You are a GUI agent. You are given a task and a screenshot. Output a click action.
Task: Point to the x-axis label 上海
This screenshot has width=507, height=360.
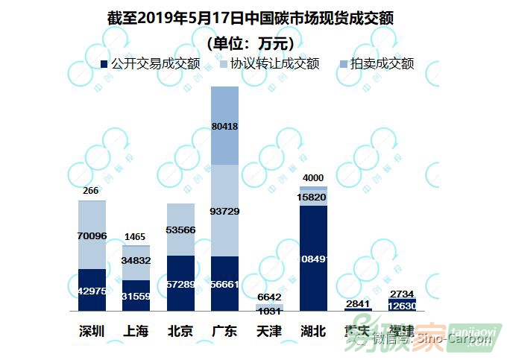point(136,331)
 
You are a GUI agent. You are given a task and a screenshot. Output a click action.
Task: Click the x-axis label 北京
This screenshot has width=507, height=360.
point(180,331)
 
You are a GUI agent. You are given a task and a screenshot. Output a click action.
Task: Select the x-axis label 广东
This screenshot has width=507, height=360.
point(224,331)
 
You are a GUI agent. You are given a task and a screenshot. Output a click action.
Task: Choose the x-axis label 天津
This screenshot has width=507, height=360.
point(268,331)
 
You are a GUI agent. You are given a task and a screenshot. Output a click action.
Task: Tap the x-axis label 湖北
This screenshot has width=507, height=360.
point(313,331)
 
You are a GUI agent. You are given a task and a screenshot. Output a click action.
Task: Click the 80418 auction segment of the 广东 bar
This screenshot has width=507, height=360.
point(224,125)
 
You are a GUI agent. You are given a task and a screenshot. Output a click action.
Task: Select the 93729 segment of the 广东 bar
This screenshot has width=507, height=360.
point(224,210)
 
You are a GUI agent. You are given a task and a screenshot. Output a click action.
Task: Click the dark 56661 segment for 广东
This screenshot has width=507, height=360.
point(224,283)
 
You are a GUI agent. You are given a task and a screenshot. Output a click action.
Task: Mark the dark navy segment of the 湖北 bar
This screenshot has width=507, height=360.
point(313,258)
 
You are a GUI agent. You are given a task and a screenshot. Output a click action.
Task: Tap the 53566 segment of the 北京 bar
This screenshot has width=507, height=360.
point(180,230)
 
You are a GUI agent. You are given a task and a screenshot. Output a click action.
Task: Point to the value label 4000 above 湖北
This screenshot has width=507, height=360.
point(313,177)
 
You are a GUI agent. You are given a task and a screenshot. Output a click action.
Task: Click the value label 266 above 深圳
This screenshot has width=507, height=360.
point(91,191)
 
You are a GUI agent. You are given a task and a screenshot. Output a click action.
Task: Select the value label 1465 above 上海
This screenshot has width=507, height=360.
point(136,236)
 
